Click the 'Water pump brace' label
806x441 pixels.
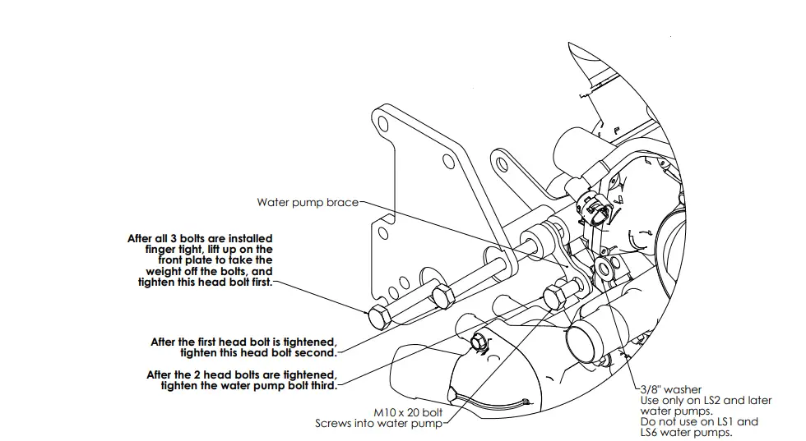307,202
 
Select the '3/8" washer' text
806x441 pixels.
670,389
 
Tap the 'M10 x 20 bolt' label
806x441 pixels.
408,412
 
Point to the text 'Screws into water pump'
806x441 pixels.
378,424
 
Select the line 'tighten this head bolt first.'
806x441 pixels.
206,282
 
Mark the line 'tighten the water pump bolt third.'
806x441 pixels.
249,384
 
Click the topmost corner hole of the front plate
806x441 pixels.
382,124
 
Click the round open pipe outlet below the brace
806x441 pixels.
586,338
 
